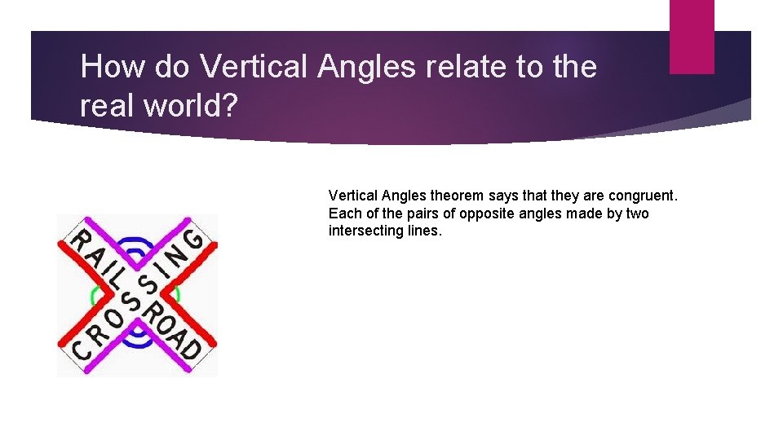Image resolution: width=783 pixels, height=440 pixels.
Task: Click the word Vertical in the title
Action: click(x=252, y=67)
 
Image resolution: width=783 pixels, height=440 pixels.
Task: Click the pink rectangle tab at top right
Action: click(x=691, y=37)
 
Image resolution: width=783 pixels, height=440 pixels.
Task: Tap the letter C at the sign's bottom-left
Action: click(x=80, y=348)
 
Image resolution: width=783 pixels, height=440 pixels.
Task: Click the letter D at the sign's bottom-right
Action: click(x=191, y=348)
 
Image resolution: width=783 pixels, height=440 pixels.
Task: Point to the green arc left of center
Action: click(x=96, y=293)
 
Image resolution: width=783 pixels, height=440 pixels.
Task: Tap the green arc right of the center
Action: click(x=175, y=293)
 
